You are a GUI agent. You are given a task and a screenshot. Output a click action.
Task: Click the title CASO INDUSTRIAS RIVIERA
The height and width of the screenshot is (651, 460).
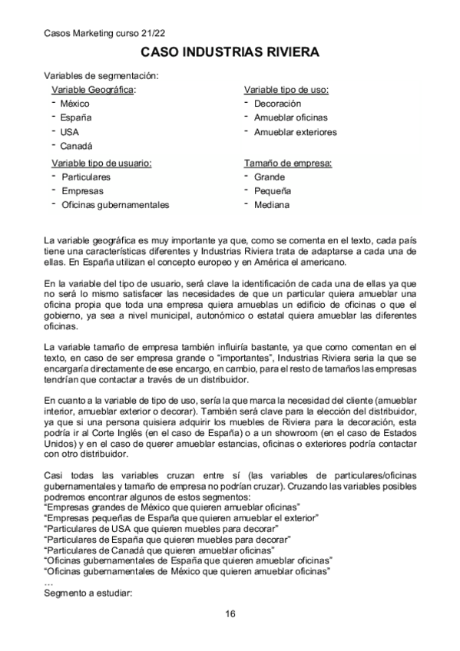[x=230, y=52]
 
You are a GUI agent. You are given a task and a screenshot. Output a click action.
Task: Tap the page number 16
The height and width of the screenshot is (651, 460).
[x=230, y=613]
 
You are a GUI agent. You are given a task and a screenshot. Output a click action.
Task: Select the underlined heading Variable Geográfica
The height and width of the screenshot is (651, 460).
[x=93, y=89]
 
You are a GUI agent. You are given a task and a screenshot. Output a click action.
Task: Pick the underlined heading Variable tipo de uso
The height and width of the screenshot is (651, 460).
[x=286, y=89]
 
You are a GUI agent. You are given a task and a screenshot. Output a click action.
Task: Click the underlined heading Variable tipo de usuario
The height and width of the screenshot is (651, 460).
[x=101, y=163]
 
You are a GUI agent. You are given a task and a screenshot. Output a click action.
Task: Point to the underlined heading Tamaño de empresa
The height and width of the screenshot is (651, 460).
[x=288, y=163]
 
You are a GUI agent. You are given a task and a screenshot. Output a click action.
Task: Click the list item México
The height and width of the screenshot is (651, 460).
[x=75, y=104]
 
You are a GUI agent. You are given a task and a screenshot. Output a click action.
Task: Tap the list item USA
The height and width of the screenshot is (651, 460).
[x=71, y=132]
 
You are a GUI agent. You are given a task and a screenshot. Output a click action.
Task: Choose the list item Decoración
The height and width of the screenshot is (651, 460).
[x=277, y=104]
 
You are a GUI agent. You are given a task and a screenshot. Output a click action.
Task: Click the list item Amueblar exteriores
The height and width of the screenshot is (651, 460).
[x=295, y=132]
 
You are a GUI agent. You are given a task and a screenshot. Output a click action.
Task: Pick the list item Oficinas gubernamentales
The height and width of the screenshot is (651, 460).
[x=115, y=205]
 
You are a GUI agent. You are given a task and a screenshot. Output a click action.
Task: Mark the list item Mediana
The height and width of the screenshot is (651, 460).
[x=272, y=205]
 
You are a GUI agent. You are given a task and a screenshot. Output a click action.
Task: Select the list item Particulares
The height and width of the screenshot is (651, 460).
[x=86, y=177]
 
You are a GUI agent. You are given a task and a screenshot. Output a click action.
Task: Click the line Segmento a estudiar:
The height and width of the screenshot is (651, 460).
[x=89, y=593]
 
